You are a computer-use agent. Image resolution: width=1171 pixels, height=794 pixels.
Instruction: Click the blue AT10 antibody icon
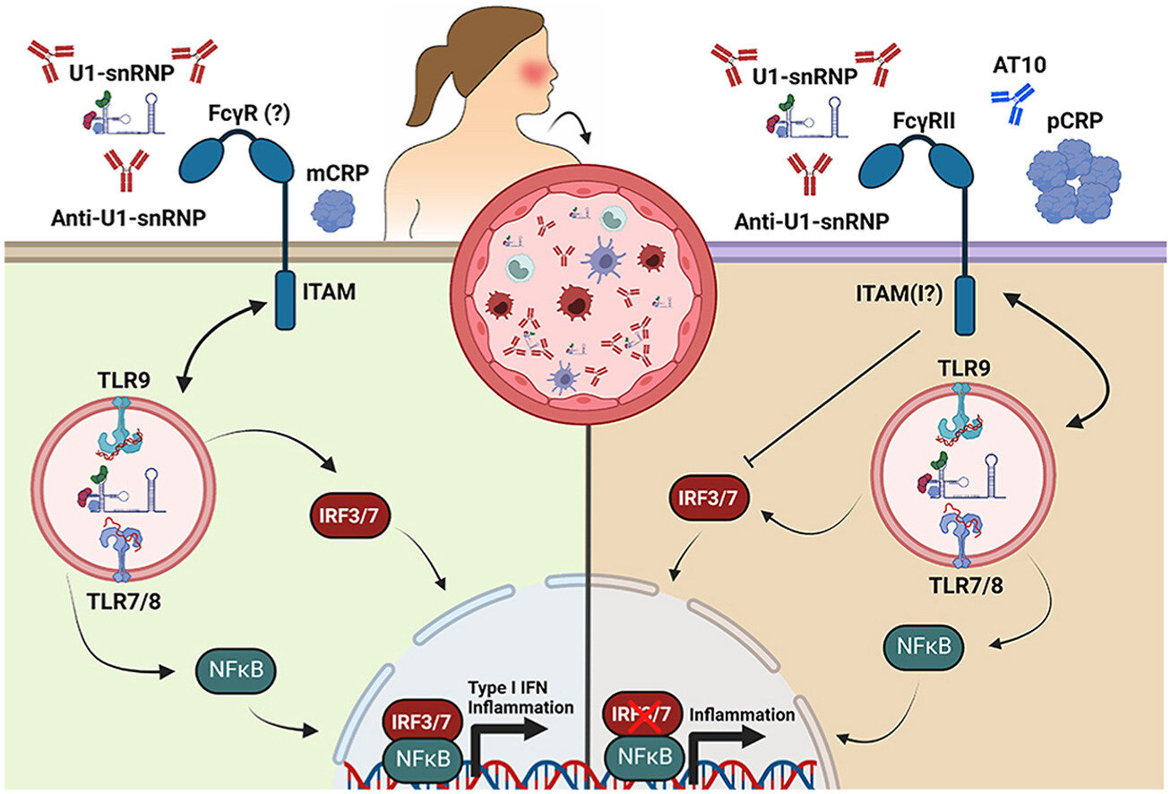[x=1012, y=104]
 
